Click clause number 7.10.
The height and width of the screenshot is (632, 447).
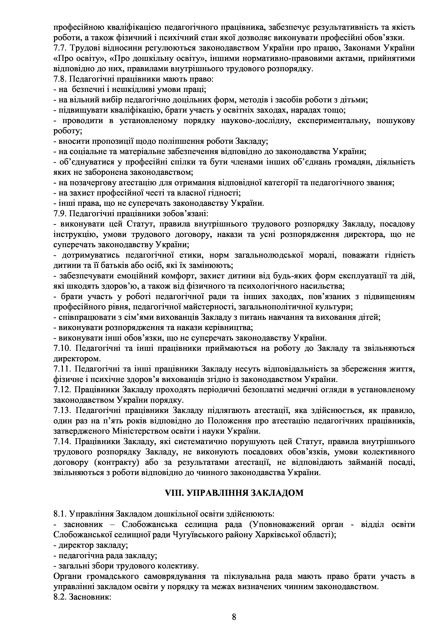click(62, 348)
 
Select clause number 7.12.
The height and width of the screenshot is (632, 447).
click(62, 390)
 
